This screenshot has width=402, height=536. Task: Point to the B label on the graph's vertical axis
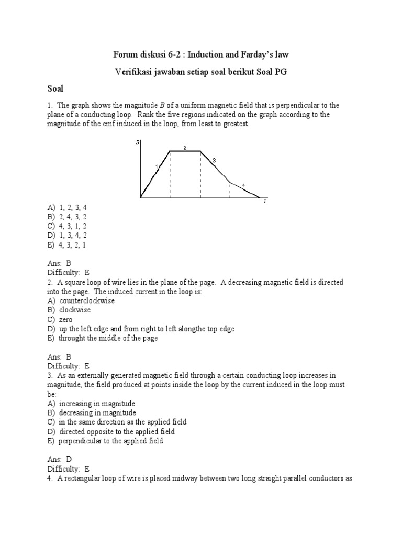(x=137, y=142)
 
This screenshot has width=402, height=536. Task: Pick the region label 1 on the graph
(x=156, y=166)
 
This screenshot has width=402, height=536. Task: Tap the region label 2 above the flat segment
(x=185, y=148)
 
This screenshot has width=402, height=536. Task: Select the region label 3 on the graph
(x=214, y=160)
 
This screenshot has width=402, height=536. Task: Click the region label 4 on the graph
(x=243, y=185)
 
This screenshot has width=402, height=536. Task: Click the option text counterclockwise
(x=87, y=301)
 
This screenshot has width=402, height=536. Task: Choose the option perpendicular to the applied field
(x=110, y=441)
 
